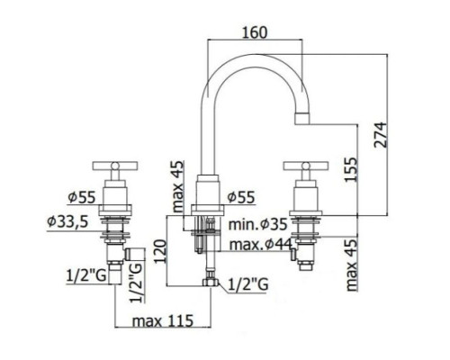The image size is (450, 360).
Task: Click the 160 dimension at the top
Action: pyautogui.click(x=255, y=32)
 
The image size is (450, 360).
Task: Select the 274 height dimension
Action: pyautogui.click(x=381, y=134)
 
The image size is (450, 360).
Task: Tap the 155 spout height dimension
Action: pyautogui.click(x=351, y=169)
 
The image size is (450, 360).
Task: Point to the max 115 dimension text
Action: pyautogui.click(x=163, y=320)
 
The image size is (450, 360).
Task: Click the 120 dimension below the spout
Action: pyautogui.click(x=161, y=251)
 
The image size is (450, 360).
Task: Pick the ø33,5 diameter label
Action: pyautogui.click(x=67, y=222)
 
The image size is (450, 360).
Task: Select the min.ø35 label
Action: pyautogui.click(x=258, y=224)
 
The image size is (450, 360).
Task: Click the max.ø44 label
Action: pyautogui.click(x=260, y=245)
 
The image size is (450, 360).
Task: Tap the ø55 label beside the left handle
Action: pyautogui.click(x=82, y=197)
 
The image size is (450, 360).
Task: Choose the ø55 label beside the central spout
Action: pyautogui.click(x=241, y=197)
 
